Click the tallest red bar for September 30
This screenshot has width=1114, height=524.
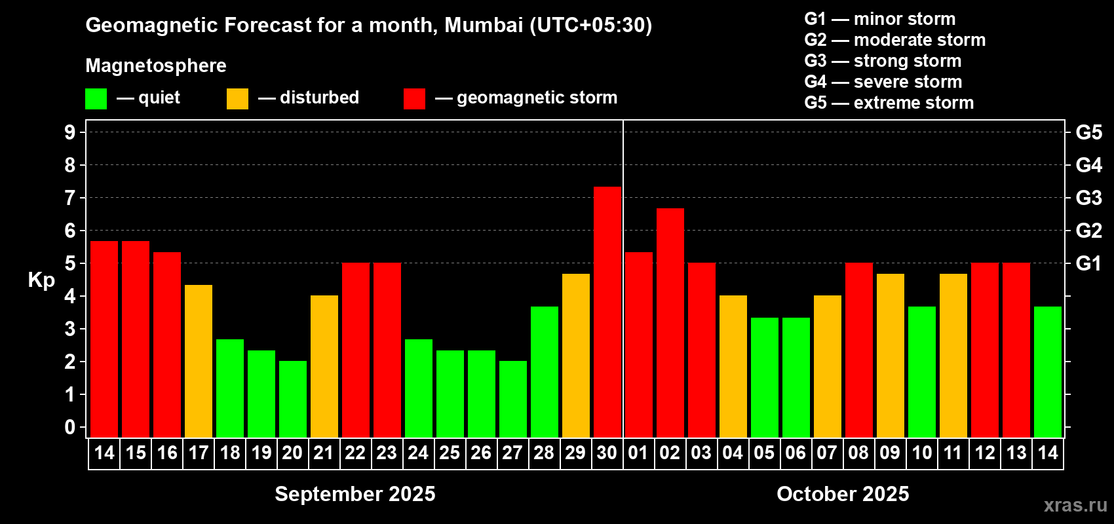(607, 312)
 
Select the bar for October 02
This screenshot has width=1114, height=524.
(670, 322)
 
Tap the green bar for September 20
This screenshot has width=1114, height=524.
(293, 399)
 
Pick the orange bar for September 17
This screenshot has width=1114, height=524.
(199, 361)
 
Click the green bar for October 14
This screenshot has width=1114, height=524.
(1048, 371)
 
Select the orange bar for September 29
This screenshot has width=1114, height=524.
(576, 355)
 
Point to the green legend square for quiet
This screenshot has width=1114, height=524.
(96, 99)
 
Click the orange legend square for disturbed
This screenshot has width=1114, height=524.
(237, 99)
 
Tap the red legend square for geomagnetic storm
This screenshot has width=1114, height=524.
(414, 99)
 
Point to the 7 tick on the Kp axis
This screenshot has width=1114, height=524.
(70, 198)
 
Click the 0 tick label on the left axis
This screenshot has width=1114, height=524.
(70, 428)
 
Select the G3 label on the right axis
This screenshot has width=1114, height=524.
(1088, 198)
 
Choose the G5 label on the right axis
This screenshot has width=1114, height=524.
(1088, 132)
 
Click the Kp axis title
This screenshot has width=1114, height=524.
(41, 280)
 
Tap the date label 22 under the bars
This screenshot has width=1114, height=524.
(355, 453)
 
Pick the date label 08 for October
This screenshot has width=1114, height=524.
(858, 453)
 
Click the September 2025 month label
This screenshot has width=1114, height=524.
(355, 494)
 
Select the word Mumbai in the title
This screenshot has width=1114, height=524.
(484, 25)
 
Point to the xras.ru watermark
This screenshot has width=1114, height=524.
(1075, 504)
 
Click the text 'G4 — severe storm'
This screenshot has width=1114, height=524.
(883, 82)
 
